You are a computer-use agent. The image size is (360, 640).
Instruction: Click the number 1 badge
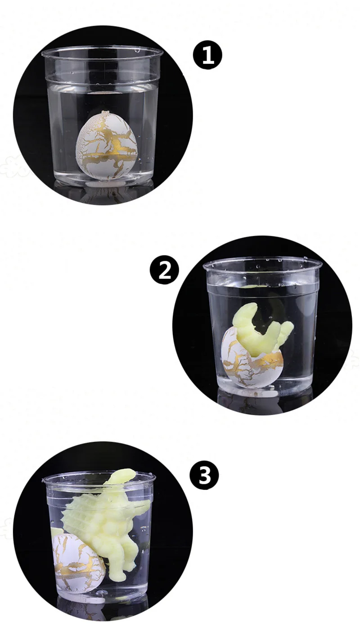(x=207, y=55)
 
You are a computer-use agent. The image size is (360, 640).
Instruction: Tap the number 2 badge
(x=164, y=270)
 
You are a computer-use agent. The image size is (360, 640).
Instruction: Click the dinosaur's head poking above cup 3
(x=122, y=475)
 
